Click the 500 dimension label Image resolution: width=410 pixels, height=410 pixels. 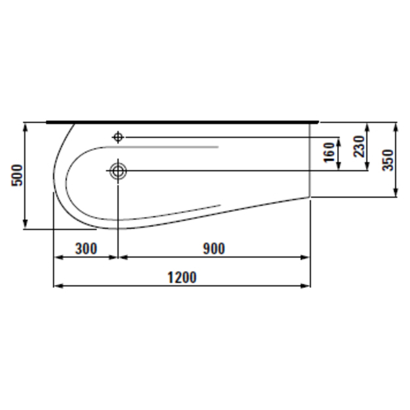[x=17, y=175]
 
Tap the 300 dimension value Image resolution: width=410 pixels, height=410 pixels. [x=86, y=249]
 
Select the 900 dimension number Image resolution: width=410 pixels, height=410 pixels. [x=214, y=249]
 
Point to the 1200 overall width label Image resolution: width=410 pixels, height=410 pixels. [x=182, y=277]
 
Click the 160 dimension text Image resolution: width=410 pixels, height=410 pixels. [x=329, y=152]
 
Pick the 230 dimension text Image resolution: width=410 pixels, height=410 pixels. [x=359, y=146]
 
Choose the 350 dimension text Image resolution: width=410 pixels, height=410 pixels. [x=388, y=160]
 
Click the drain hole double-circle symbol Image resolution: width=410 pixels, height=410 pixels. [x=118, y=171]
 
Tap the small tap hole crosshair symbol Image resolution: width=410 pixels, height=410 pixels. [x=118, y=136]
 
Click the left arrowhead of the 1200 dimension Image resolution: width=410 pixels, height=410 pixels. [x=58, y=286]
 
